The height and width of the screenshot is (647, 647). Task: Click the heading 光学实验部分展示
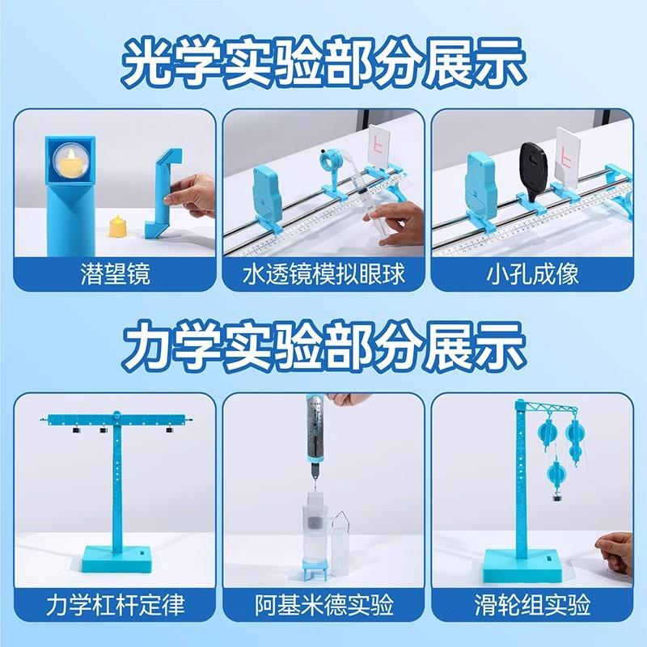tap(323, 60)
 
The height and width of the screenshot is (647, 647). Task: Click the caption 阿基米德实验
tap(323, 604)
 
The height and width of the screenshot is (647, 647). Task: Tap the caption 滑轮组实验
tap(534, 604)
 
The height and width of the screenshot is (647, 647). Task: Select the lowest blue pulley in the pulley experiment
tap(556, 472)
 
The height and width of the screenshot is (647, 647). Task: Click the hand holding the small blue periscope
tap(194, 194)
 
